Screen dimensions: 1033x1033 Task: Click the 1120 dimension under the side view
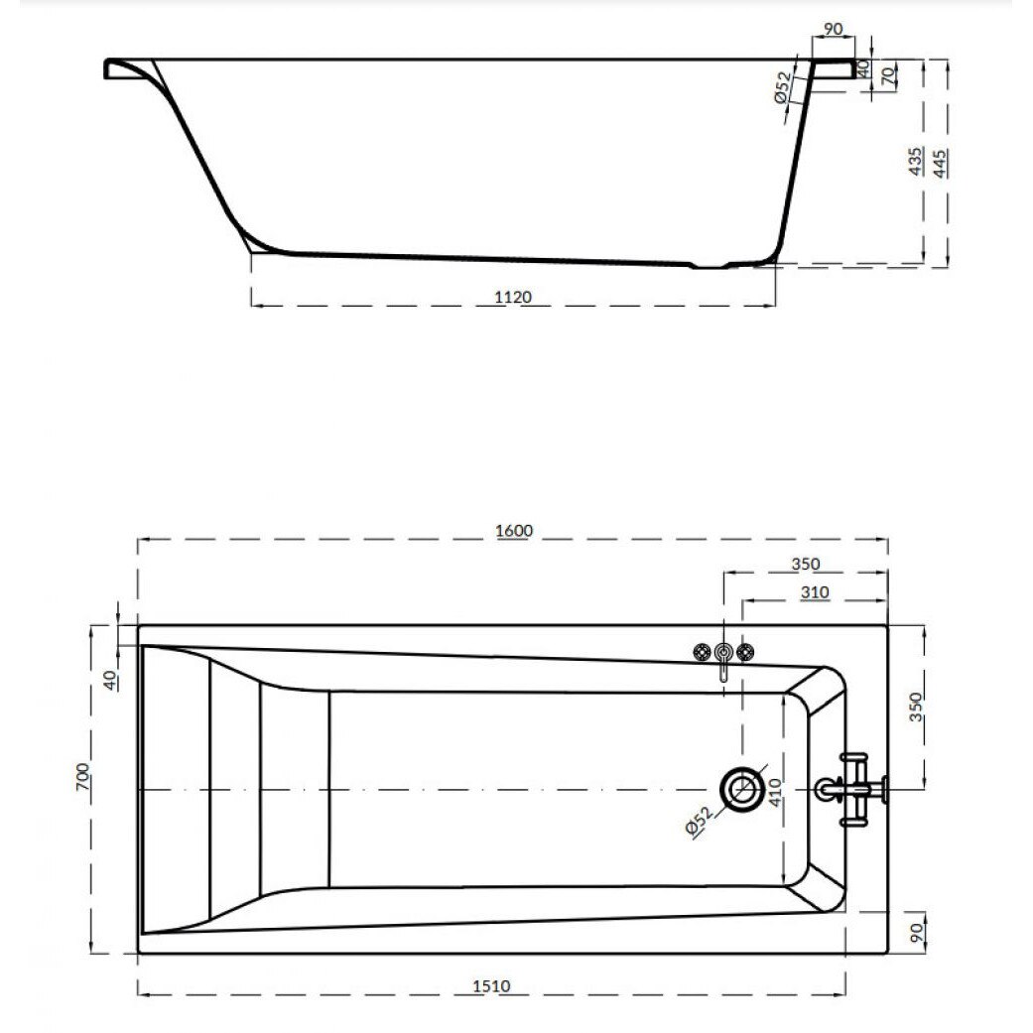click(x=513, y=297)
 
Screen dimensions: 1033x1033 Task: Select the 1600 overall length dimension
click(x=514, y=530)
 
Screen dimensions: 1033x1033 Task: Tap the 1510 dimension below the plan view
click(x=491, y=986)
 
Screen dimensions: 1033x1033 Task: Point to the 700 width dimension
click(x=82, y=777)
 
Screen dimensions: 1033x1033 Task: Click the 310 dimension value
click(x=815, y=592)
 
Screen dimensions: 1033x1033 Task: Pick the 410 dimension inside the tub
click(x=774, y=793)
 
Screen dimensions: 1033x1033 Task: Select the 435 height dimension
click(x=915, y=162)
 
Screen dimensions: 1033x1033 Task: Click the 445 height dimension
click(x=940, y=164)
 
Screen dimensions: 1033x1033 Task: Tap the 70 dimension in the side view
click(x=889, y=76)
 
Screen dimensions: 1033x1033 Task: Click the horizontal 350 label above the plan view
click(x=805, y=564)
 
